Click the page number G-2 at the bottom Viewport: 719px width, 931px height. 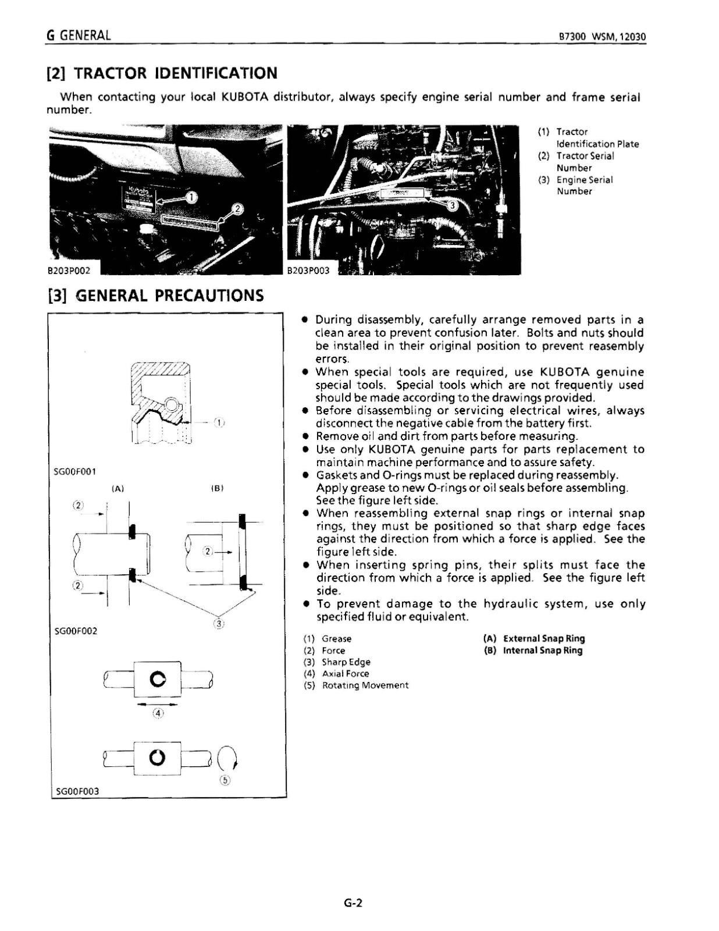click(x=353, y=903)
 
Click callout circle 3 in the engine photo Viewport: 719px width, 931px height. click(x=453, y=204)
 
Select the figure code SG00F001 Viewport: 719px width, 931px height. click(x=75, y=471)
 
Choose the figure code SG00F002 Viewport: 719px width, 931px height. click(x=75, y=631)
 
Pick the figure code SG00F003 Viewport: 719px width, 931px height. click(x=77, y=791)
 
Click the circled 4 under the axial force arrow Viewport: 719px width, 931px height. click(x=158, y=712)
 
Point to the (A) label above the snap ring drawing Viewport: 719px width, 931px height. click(x=118, y=489)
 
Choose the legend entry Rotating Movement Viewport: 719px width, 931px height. click(x=365, y=685)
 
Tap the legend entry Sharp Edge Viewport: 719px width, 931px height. click(x=346, y=662)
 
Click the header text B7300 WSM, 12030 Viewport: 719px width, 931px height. click(x=601, y=37)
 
